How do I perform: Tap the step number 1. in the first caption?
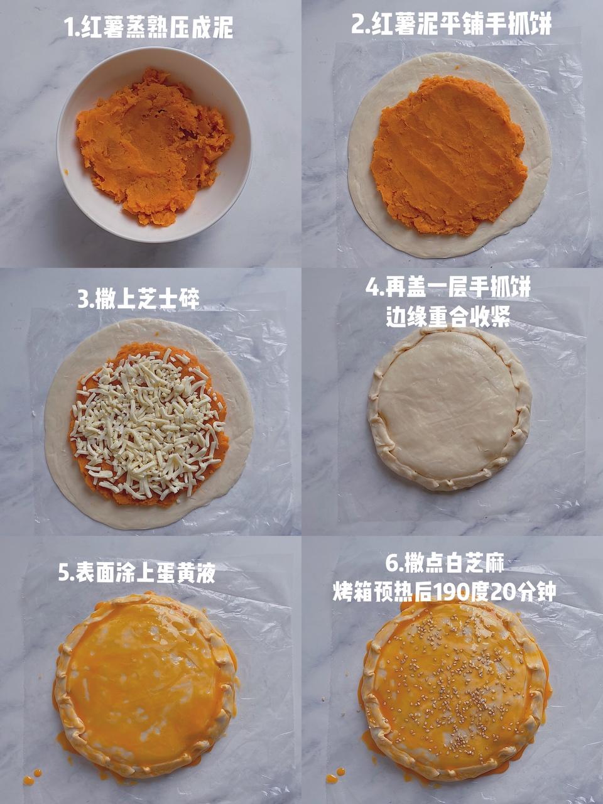point(72,28)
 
